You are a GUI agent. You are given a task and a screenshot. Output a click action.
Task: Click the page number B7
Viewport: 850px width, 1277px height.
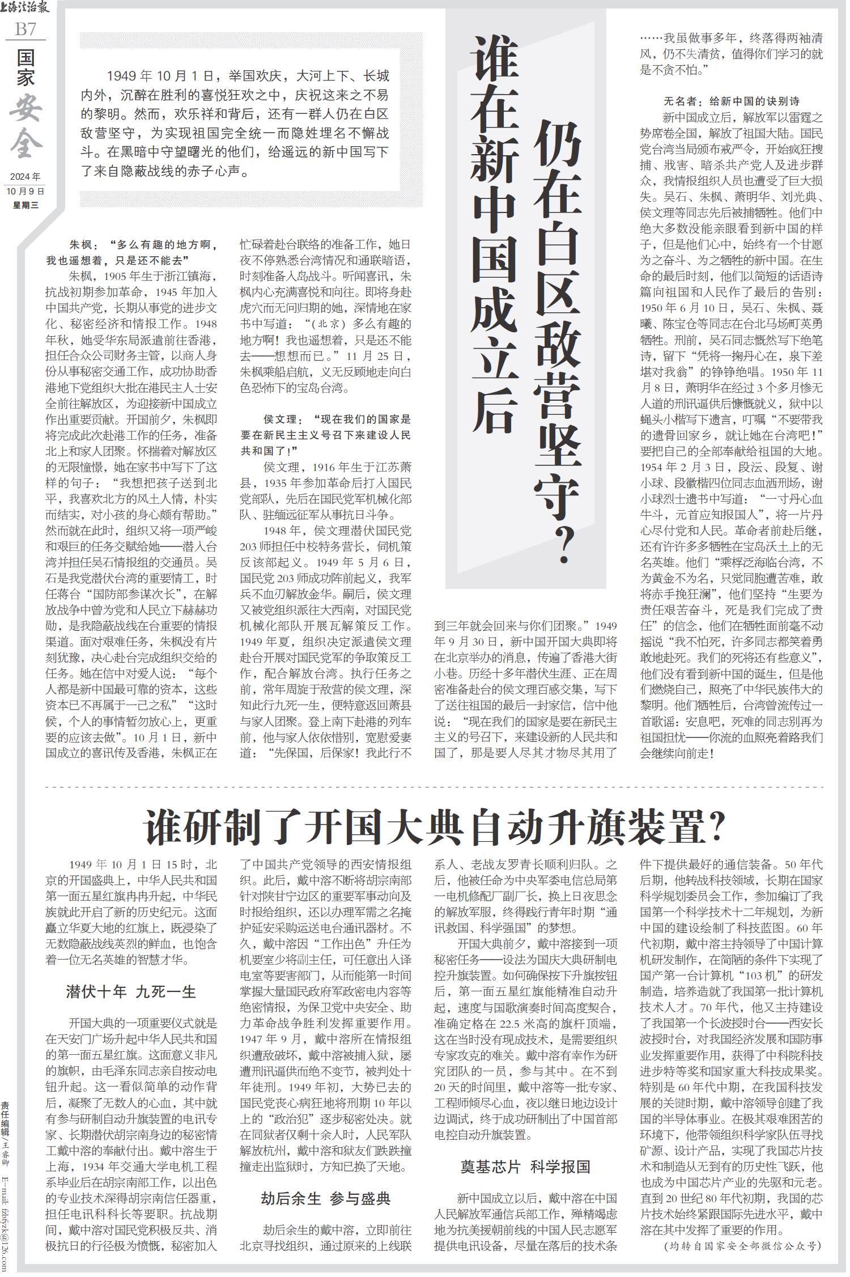tap(25, 29)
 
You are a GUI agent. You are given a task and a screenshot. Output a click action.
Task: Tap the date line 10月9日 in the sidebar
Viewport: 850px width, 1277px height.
tap(25, 191)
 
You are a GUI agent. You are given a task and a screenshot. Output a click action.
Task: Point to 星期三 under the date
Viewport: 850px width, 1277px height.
tap(25, 205)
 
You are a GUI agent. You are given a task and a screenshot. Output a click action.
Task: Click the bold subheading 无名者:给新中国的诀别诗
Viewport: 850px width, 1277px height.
tap(731, 102)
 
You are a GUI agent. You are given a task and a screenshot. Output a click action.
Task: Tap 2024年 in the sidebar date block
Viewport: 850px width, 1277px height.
tap(25, 177)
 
